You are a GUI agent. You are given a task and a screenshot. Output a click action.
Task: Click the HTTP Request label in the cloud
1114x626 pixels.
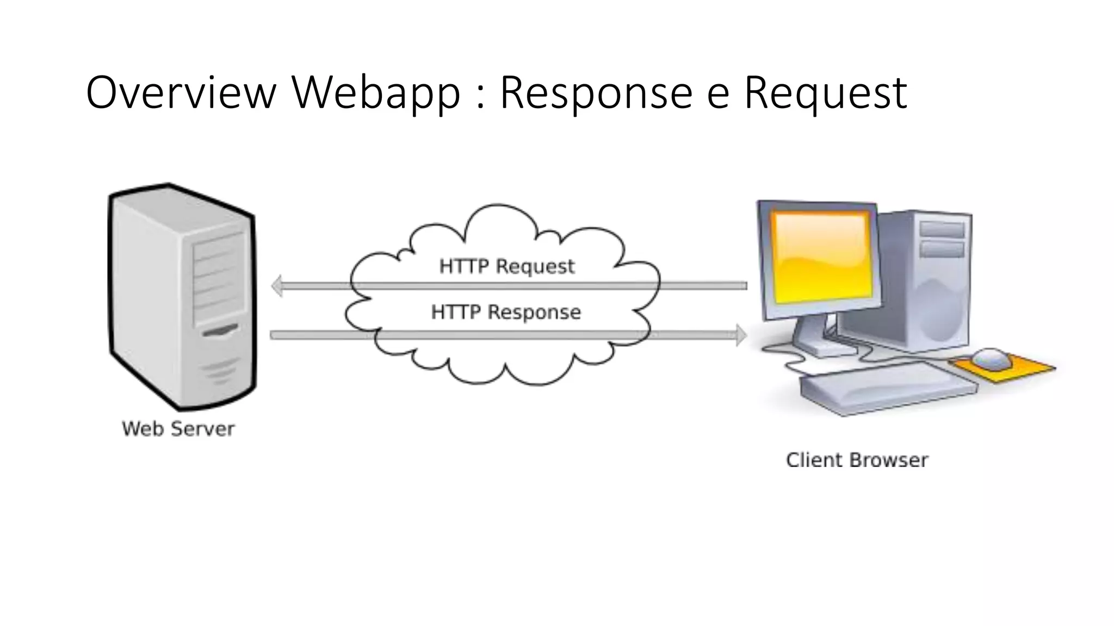506,266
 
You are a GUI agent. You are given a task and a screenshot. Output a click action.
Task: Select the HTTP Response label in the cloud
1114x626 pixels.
506,312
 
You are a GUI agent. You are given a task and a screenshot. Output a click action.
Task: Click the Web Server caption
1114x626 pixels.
178,429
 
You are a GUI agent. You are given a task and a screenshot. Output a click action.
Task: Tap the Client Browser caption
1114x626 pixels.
857,460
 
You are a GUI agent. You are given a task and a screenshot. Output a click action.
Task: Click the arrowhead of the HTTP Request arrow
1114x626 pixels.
277,286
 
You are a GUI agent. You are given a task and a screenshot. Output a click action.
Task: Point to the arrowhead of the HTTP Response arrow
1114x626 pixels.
741,335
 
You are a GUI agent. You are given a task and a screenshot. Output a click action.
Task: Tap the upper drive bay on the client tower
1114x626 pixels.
942,229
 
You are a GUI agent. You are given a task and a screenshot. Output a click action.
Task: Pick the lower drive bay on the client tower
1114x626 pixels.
942,249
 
